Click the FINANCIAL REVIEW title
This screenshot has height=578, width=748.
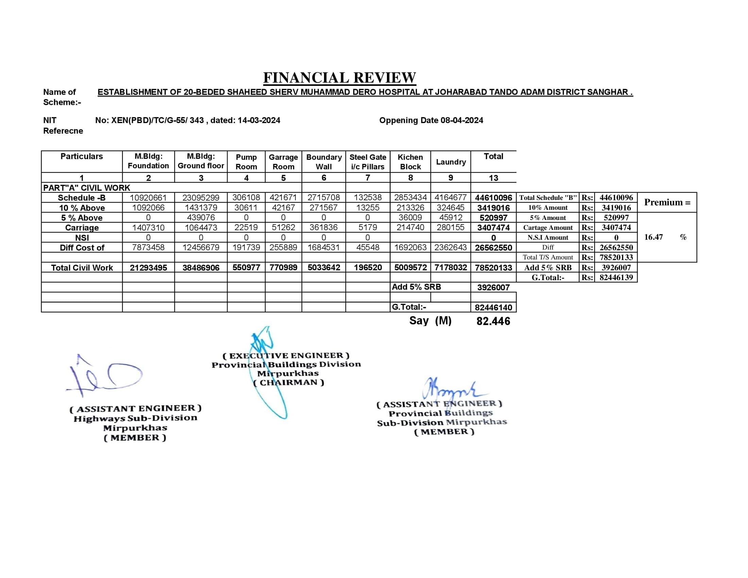339,78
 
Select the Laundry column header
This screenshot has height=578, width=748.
451,162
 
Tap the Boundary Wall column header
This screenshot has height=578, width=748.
324,162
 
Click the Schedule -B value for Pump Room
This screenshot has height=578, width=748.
246,198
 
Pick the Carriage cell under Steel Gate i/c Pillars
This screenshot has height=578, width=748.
368,227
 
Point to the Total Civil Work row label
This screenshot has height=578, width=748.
82,268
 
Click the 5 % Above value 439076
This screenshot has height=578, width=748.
201,218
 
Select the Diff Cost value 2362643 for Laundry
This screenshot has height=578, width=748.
451,247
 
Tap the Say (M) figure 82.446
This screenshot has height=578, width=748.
493,321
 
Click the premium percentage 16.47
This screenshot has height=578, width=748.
653,237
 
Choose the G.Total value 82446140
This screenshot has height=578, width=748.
493,307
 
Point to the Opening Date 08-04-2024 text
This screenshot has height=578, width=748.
431,120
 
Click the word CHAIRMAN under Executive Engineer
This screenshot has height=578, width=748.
288,382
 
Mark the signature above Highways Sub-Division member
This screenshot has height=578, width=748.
104,376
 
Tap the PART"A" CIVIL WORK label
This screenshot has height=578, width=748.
87,188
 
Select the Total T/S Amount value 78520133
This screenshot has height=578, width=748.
616,257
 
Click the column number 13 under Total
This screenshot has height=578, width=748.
493,178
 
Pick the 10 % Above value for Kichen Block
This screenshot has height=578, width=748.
410,207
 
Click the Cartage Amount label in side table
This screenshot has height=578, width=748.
548,227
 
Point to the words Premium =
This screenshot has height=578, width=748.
667,202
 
